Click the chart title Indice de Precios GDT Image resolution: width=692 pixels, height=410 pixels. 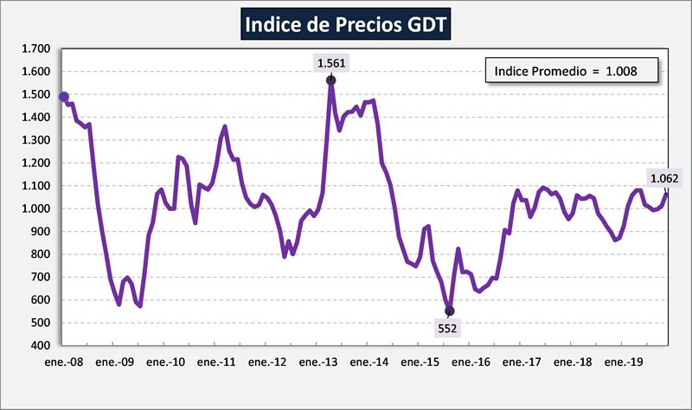point(345,24)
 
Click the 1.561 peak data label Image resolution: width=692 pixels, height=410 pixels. point(331,62)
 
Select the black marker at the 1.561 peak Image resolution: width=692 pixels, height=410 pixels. point(331,80)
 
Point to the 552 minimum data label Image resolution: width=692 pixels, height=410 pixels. point(448,328)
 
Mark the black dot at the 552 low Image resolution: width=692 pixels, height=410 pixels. point(449,311)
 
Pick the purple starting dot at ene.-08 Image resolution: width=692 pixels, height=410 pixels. point(64,97)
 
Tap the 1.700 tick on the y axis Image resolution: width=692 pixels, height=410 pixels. point(35,48)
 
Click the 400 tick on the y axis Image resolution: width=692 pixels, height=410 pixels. point(41,346)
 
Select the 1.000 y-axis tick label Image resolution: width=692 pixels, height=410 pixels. point(35,208)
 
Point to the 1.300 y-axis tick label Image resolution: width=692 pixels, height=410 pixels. point(35,140)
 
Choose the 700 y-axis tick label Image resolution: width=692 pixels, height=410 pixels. point(41,277)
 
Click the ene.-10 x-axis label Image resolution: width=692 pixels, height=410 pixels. point(165,363)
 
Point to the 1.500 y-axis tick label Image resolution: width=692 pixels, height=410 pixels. point(35,94)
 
